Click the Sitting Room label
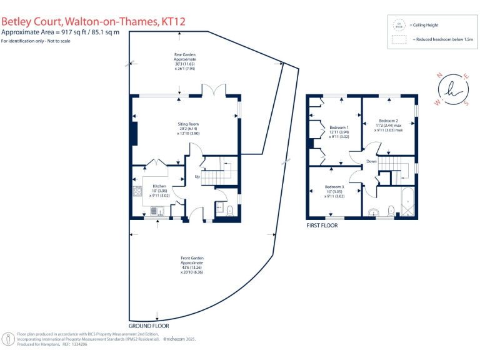pyautogui.click(x=188, y=124)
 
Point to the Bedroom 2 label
pyautogui.click(x=388, y=121)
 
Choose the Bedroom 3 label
pyautogui.click(x=334, y=187)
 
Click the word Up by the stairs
pyautogui.click(x=197, y=177)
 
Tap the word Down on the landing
pyautogui.click(x=371, y=161)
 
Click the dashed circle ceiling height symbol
pyautogui.click(x=398, y=25)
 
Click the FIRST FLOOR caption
pyautogui.click(x=322, y=224)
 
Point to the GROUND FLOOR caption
pyautogui.click(x=148, y=326)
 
